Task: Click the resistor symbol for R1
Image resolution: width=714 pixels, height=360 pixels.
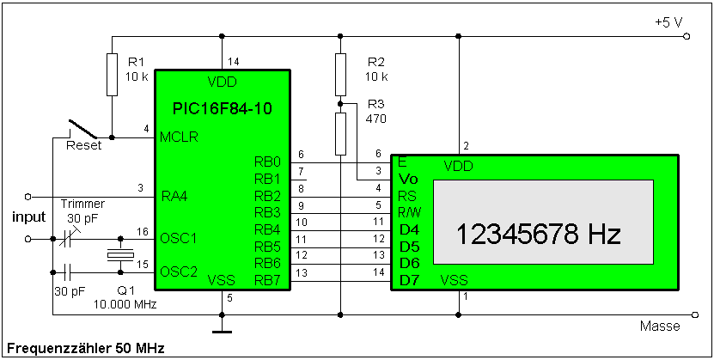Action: (x=112, y=74)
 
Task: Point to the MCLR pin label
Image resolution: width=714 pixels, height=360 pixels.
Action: (x=178, y=137)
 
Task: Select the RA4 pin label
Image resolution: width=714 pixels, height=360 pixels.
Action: (x=174, y=197)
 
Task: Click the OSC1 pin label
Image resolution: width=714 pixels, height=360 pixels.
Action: (x=178, y=238)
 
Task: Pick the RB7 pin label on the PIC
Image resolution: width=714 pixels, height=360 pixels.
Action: (x=267, y=280)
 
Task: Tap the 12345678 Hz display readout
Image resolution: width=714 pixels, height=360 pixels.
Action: (x=538, y=234)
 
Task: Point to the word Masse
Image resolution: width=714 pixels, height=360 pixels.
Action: (x=660, y=326)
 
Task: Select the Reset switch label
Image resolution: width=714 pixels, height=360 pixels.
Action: (x=83, y=145)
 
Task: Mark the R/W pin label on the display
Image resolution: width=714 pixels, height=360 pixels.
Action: (x=409, y=211)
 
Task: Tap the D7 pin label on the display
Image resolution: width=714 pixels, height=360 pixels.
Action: (x=408, y=280)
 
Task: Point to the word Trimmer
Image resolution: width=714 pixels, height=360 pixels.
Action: (x=83, y=204)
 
